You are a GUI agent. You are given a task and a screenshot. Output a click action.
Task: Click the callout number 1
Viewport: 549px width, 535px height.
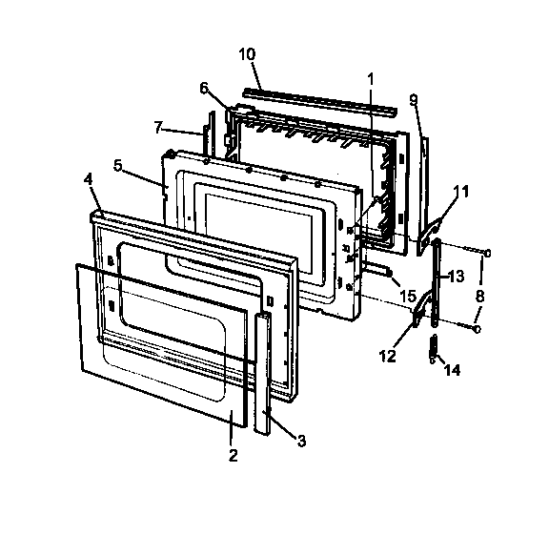point(371,76)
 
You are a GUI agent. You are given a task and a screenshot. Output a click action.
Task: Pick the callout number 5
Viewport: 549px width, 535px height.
point(118,164)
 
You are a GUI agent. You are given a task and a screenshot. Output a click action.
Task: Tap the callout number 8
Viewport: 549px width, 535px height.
point(479,296)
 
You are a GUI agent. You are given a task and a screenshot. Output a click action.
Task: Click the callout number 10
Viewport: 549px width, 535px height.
point(246,53)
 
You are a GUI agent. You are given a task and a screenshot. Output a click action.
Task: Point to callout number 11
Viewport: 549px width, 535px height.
point(461,192)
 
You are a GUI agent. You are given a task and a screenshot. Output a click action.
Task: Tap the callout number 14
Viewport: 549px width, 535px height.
point(452,369)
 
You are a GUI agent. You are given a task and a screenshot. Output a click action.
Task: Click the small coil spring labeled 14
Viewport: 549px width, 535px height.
point(433,349)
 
